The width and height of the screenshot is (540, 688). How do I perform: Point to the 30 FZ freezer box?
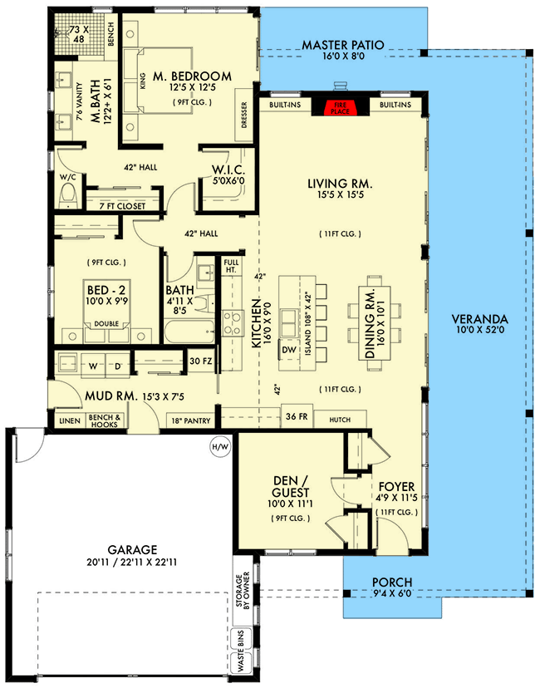(x=200, y=361)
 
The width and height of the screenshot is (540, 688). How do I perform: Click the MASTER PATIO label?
(x=342, y=45)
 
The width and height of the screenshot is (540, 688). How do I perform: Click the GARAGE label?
(x=133, y=550)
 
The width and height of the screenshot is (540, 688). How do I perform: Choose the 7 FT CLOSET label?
(x=122, y=205)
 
